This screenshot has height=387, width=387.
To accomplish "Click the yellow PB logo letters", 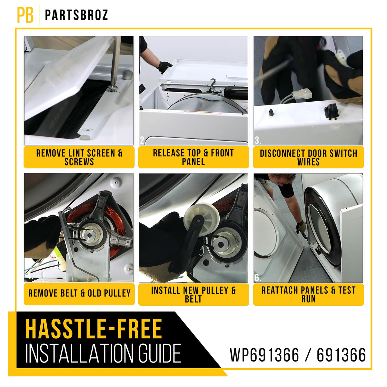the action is click(25, 15).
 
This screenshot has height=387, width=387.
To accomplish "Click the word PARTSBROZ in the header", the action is click(76, 15).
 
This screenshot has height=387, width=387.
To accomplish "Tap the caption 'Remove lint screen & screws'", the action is click(79, 157).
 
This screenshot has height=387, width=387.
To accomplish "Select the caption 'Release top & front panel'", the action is click(193, 157).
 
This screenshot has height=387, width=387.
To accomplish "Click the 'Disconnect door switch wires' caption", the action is click(309, 157).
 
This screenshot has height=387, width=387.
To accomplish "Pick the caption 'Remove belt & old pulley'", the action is click(79, 293).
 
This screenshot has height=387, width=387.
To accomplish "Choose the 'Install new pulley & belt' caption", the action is click(193, 295).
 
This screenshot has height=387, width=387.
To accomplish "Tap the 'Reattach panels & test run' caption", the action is click(309, 295).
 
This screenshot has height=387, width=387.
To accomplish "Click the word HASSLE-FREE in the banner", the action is click(94, 329).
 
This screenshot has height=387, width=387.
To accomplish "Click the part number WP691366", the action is click(264, 355).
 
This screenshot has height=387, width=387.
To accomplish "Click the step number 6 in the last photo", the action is click(258, 278).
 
